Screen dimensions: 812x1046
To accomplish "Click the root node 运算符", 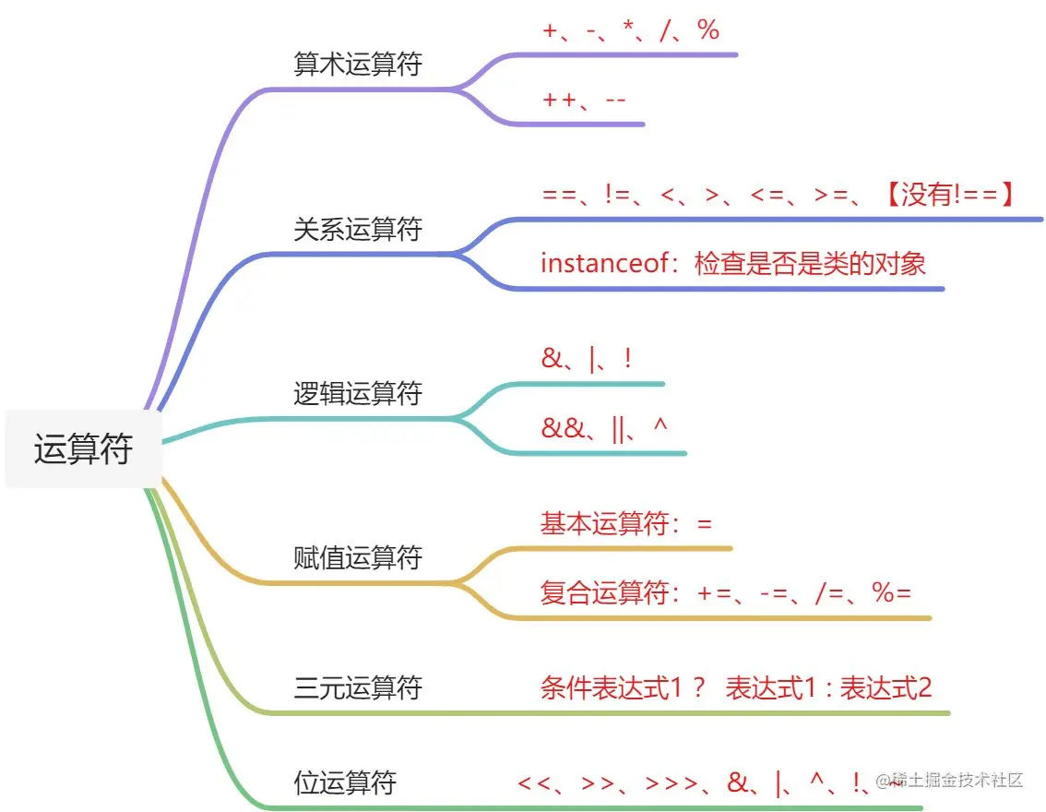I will (83, 449).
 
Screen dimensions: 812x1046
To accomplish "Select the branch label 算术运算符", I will (357, 65).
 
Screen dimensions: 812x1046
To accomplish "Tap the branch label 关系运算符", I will (357, 230).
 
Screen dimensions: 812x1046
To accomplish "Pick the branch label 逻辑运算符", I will (357, 394).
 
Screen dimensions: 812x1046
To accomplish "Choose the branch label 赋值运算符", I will (357, 558).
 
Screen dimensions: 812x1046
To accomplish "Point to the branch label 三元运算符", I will (357, 687).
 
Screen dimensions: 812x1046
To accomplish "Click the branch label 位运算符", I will (345, 783).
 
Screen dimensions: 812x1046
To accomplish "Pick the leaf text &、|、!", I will (587, 359).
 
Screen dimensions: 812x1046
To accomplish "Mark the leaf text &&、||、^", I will (605, 428).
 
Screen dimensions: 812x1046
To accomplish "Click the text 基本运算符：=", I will (626, 524).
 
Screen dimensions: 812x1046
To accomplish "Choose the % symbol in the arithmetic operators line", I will (708, 30).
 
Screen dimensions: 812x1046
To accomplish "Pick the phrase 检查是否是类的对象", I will (810, 264).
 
